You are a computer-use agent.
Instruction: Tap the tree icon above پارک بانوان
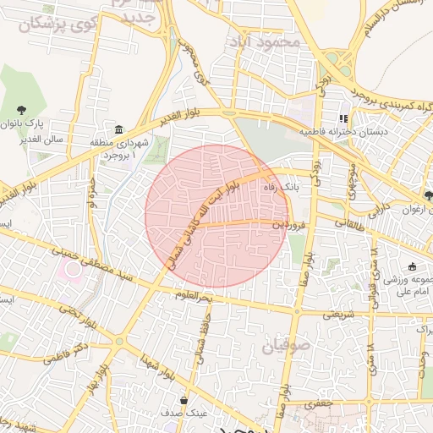click(x=20, y=108)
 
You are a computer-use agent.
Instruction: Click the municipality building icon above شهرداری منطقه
click(x=117, y=129)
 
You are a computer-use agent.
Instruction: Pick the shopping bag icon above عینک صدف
click(x=183, y=399)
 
